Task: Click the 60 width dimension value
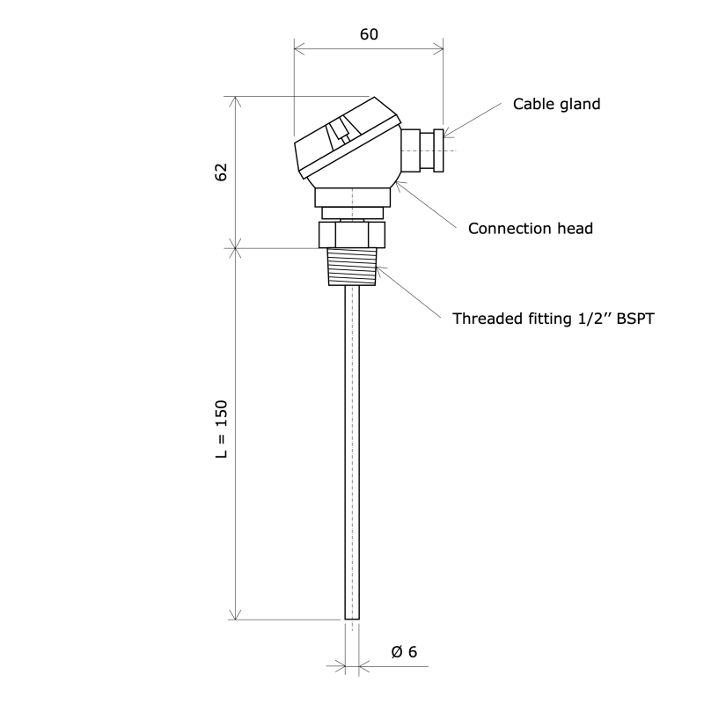click(369, 34)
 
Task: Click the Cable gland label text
click(556, 104)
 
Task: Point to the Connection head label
click(530, 229)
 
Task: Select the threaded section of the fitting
click(352, 267)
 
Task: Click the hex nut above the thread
click(352, 235)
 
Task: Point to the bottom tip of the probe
click(352, 619)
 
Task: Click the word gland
click(578, 104)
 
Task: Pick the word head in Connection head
click(573, 229)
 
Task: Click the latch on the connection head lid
click(339, 136)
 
